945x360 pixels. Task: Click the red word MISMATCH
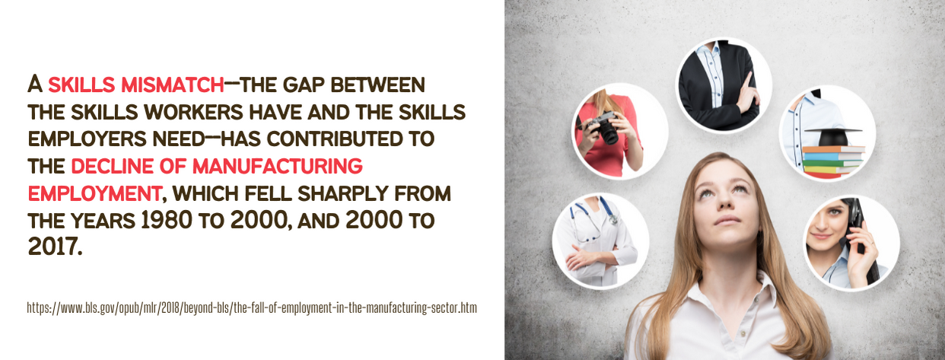[172, 84]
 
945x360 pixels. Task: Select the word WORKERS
[193, 112]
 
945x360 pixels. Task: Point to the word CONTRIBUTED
[335, 139]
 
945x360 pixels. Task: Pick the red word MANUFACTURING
[278, 166]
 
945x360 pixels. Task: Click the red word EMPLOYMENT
[94, 193]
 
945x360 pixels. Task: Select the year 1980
[166, 220]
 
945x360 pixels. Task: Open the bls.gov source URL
[252, 307]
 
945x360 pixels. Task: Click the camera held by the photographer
[603, 127]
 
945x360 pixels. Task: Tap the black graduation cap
[832, 137]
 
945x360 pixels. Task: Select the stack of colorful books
[833, 161]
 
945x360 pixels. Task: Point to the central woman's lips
[727, 220]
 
